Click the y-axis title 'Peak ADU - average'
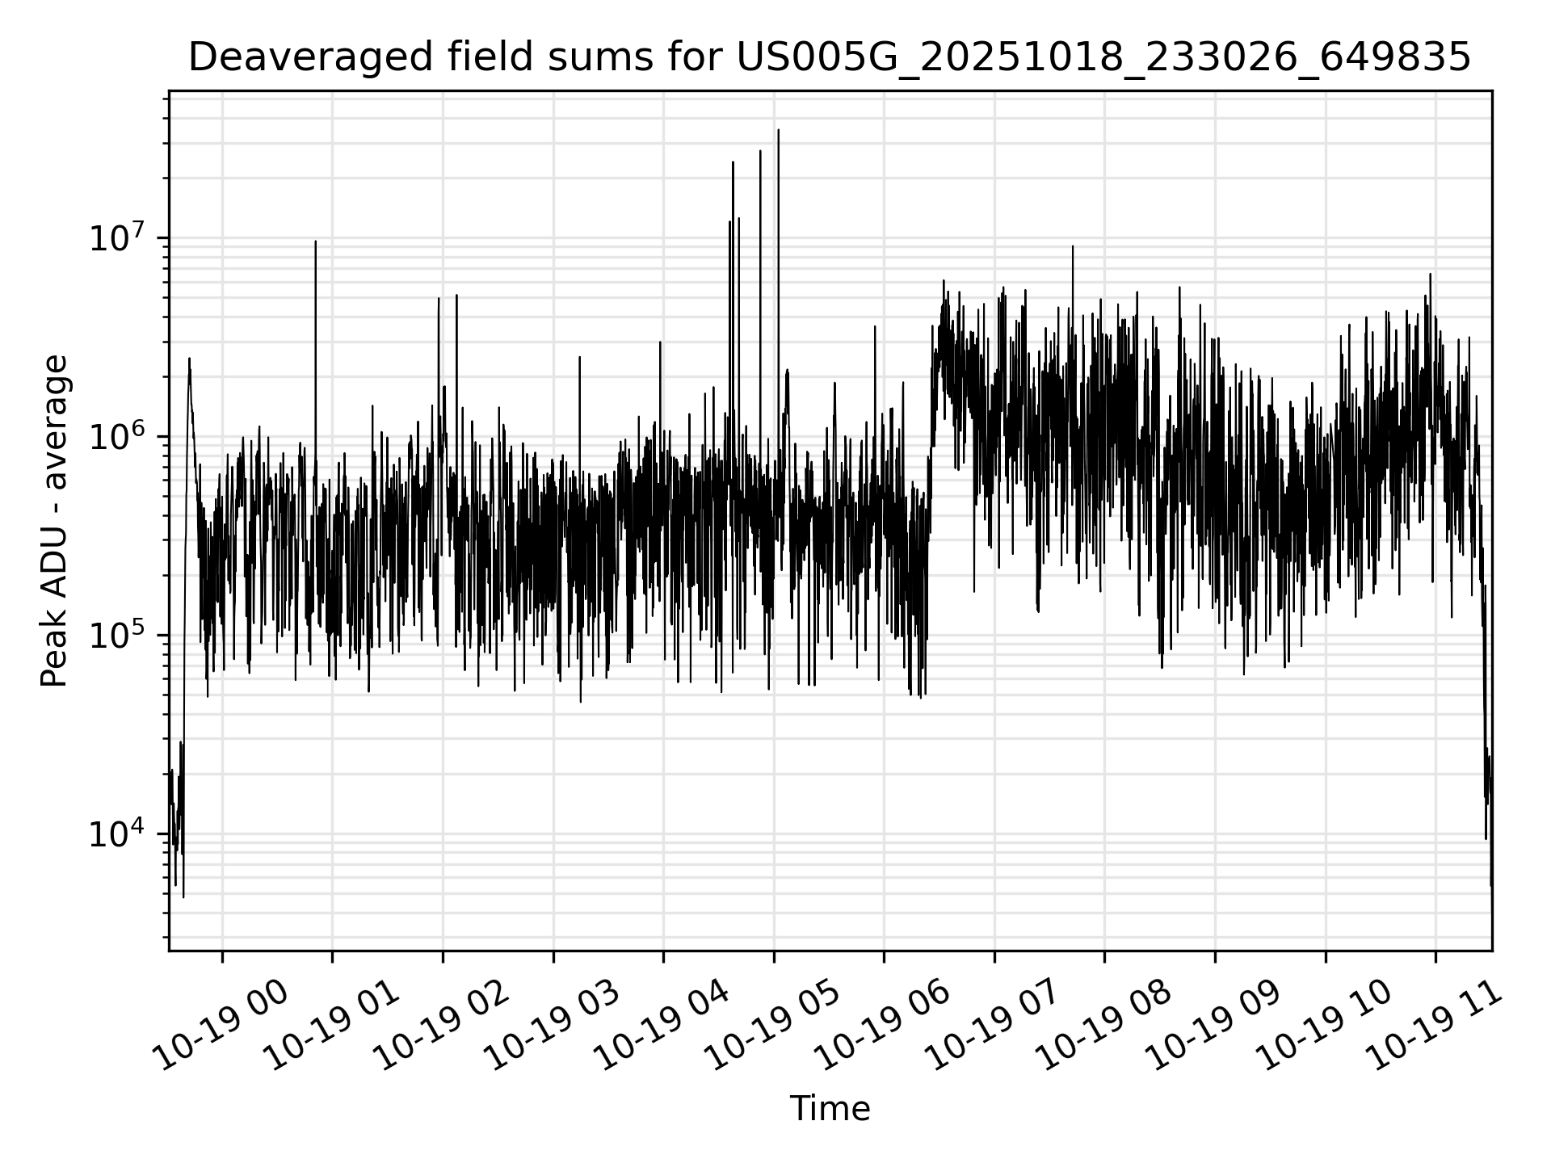pos(54,521)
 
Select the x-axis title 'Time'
pos(830,1109)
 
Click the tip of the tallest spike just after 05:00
pos(779,130)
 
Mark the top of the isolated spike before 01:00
pos(316,241)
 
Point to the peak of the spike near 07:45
pos(1073,246)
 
